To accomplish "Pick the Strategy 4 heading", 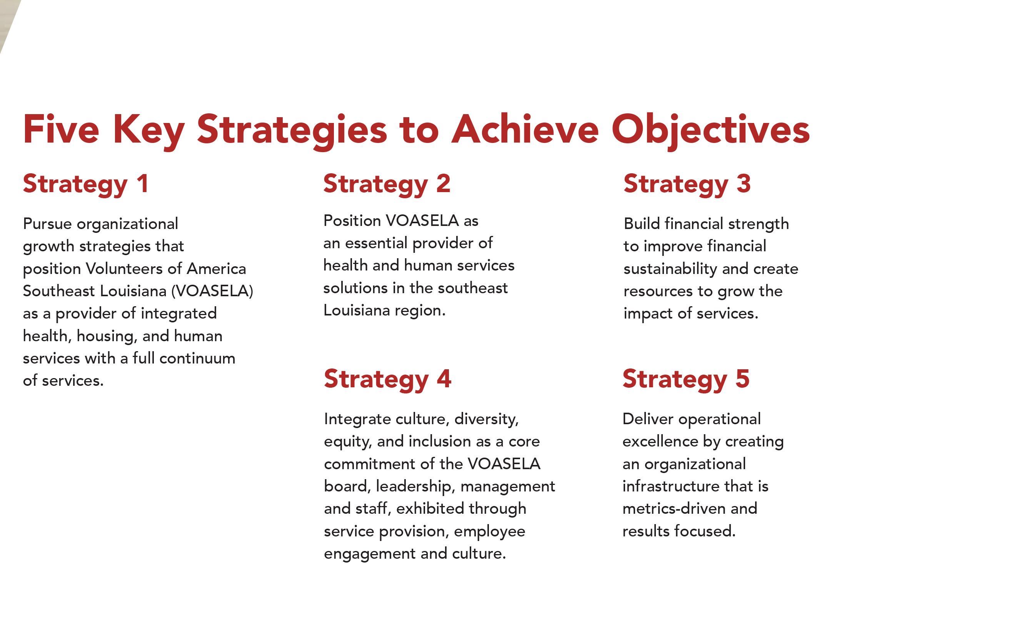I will coord(387,379).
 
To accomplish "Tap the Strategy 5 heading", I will coord(686,379).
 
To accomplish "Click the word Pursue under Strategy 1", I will coord(47,224).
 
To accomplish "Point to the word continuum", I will coord(197,358).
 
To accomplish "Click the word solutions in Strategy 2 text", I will coord(355,288).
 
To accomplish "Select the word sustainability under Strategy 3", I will coord(670,269).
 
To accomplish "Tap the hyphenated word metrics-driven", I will coord(674,509).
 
